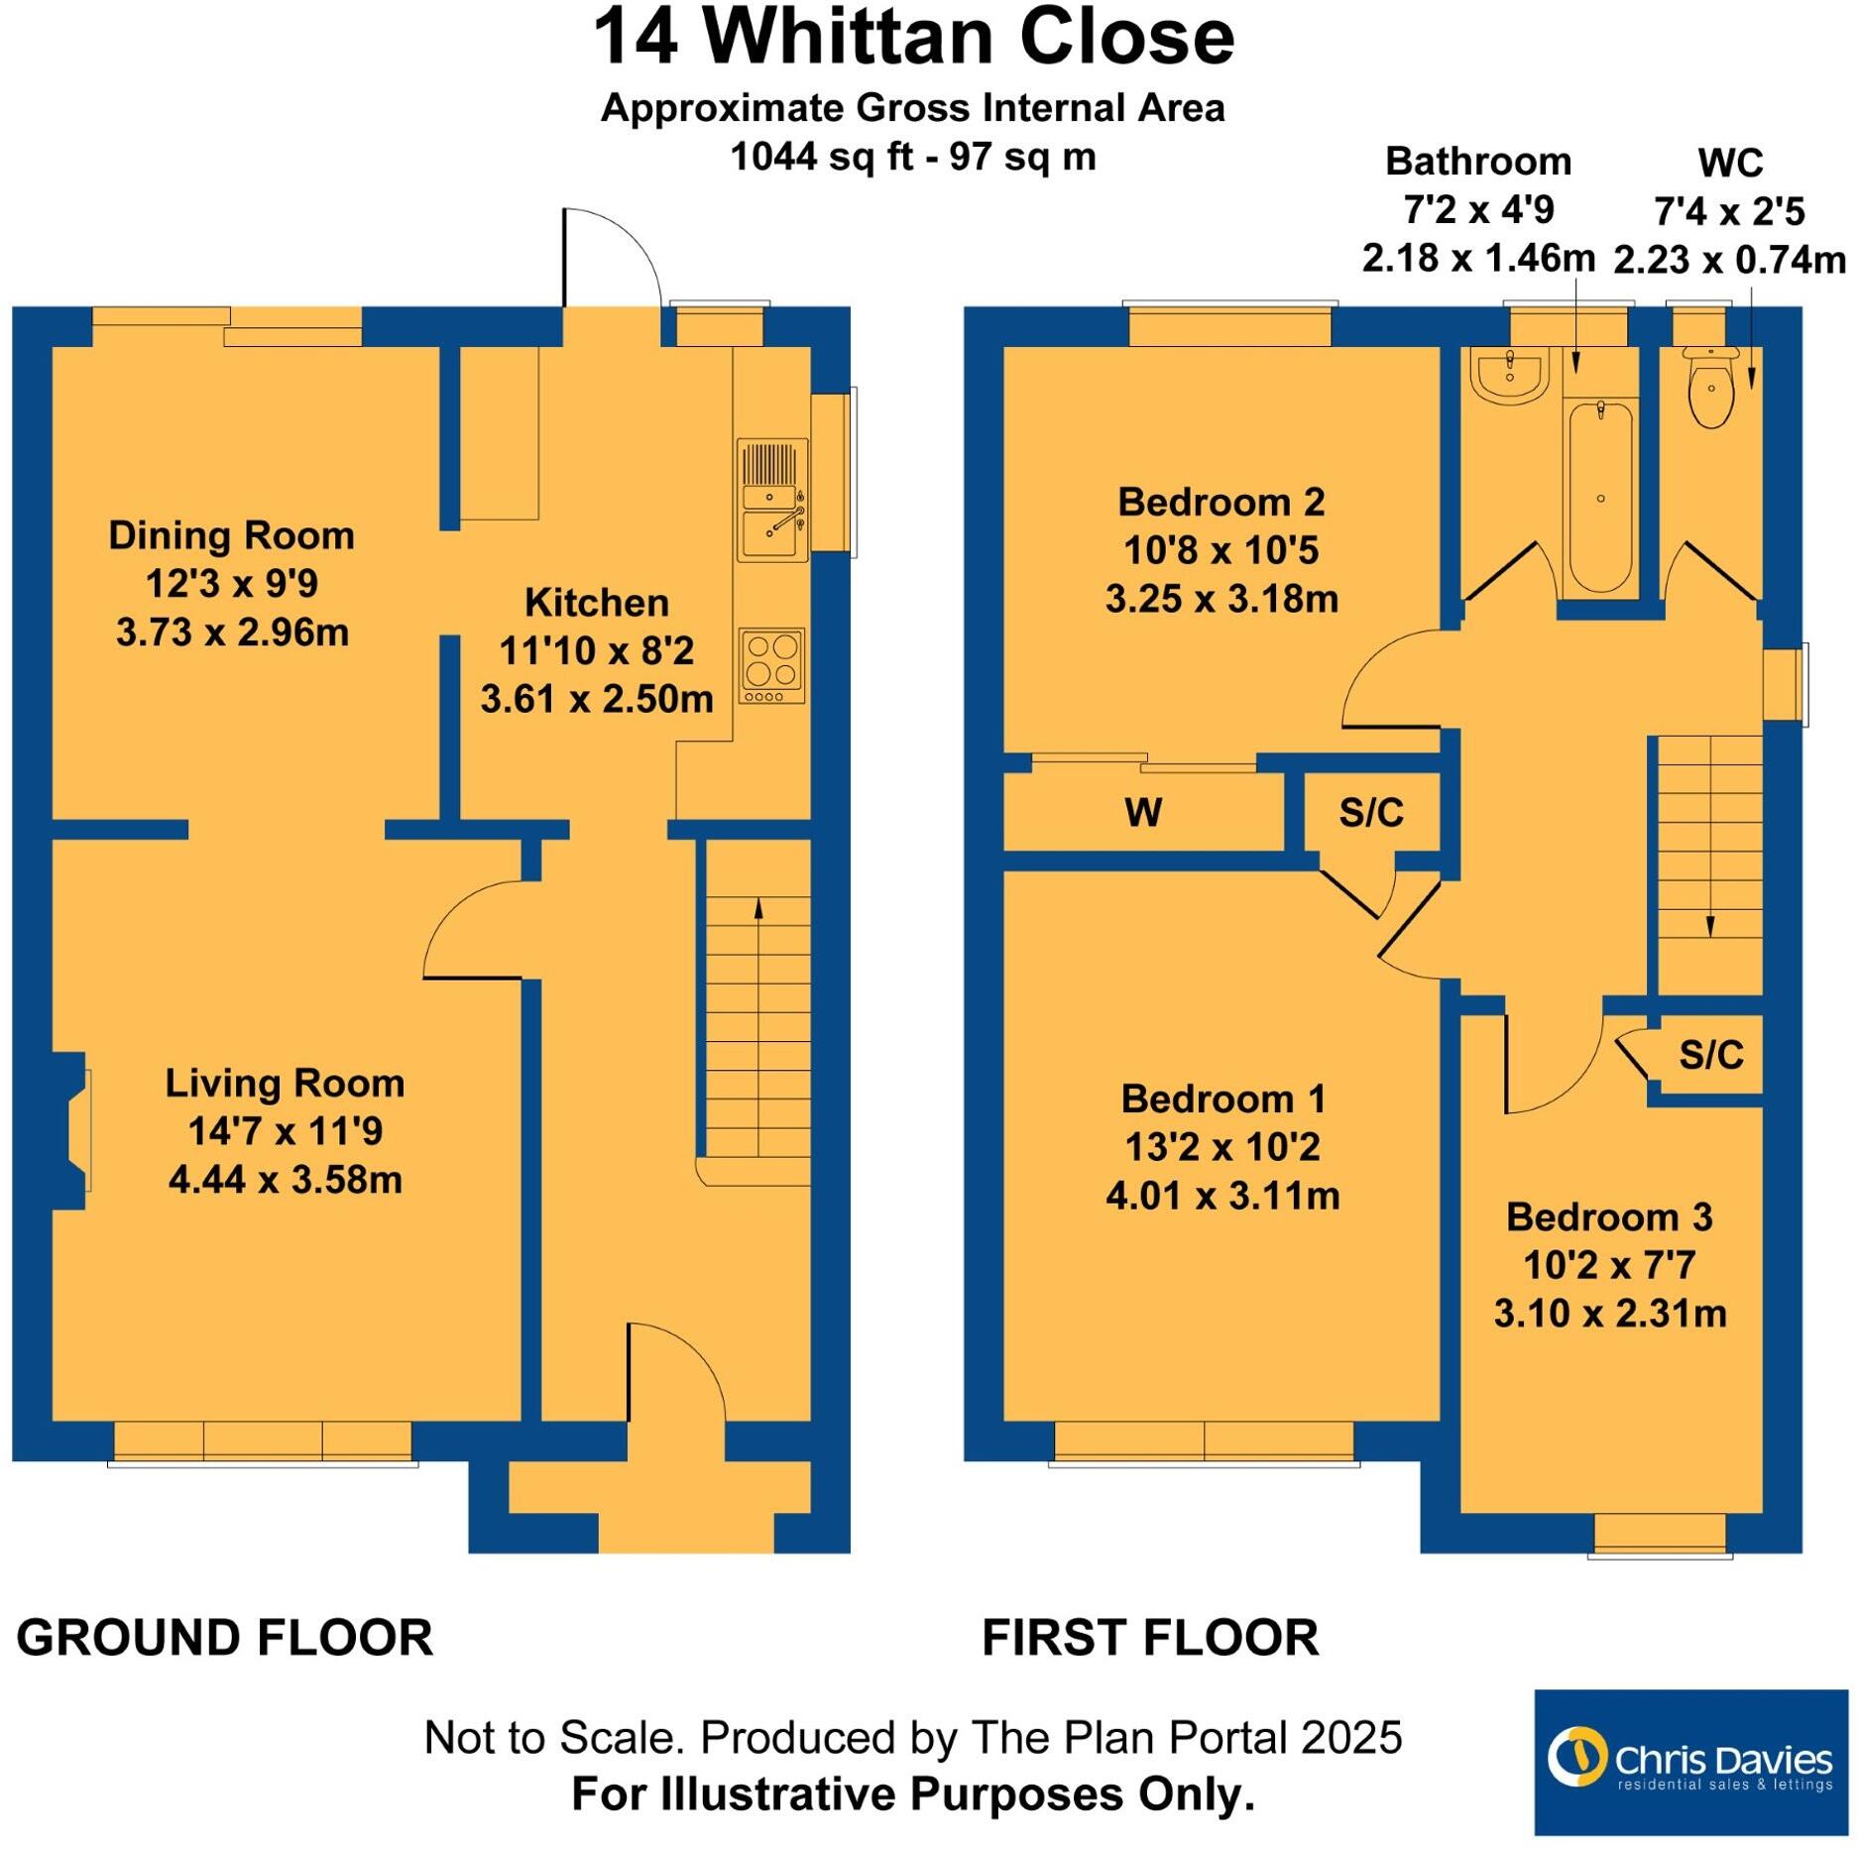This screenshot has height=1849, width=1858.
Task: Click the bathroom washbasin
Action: (x=1508, y=376)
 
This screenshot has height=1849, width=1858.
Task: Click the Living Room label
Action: (x=285, y=1083)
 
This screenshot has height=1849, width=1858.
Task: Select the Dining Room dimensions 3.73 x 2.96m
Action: (x=232, y=633)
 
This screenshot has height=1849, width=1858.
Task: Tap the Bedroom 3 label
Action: (x=1609, y=1217)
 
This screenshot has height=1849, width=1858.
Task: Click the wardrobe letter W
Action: (x=1142, y=813)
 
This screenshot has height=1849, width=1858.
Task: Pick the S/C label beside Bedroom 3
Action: (x=1711, y=1055)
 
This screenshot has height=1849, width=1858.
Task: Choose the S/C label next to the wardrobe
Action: (x=1371, y=813)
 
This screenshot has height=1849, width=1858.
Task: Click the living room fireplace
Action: (x=74, y=1130)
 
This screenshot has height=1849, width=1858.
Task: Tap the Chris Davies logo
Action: (x=1690, y=1762)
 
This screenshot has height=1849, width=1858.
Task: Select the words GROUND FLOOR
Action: (x=225, y=1637)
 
